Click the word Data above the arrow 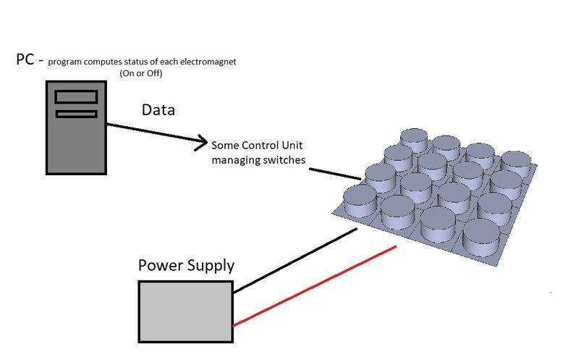click(x=158, y=110)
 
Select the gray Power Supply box click(x=185, y=310)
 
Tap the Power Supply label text click(x=186, y=266)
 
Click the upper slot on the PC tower click(x=75, y=96)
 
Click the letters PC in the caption click(x=25, y=60)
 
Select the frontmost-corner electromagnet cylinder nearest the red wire click(x=481, y=237)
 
